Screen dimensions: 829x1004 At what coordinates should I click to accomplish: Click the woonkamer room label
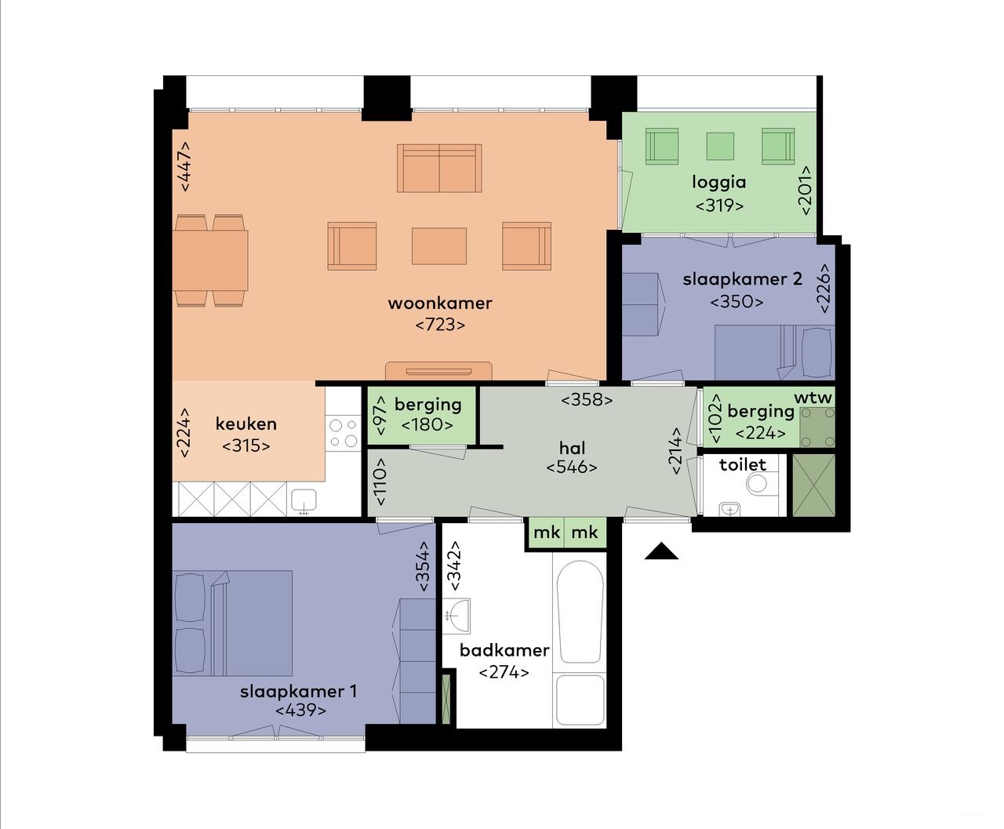click(x=439, y=303)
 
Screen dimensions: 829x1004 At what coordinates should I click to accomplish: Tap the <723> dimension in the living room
click(x=439, y=324)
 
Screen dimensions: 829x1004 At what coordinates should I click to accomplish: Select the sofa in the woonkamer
click(x=439, y=168)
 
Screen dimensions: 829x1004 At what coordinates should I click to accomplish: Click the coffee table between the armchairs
click(x=439, y=245)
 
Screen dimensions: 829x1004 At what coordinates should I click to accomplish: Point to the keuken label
click(x=246, y=424)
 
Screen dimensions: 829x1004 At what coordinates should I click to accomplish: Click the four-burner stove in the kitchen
click(x=343, y=433)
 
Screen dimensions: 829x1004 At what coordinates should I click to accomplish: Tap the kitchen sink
click(x=303, y=500)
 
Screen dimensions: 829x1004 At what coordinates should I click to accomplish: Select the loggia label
click(x=718, y=183)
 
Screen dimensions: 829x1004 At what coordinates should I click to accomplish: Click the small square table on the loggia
click(x=720, y=146)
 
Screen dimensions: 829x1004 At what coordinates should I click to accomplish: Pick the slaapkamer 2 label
click(x=742, y=279)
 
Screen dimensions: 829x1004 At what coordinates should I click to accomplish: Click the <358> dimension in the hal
click(x=587, y=399)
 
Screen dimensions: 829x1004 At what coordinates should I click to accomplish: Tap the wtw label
click(x=813, y=398)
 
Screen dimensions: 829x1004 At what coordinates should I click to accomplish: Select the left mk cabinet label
click(x=547, y=533)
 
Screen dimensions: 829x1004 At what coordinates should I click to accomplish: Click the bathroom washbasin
click(x=457, y=613)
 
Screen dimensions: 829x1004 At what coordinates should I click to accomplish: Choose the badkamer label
click(x=504, y=650)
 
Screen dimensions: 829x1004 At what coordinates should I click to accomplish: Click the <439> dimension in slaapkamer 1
click(x=300, y=711)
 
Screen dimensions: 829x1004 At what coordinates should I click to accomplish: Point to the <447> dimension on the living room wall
click(x=185, y=166)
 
